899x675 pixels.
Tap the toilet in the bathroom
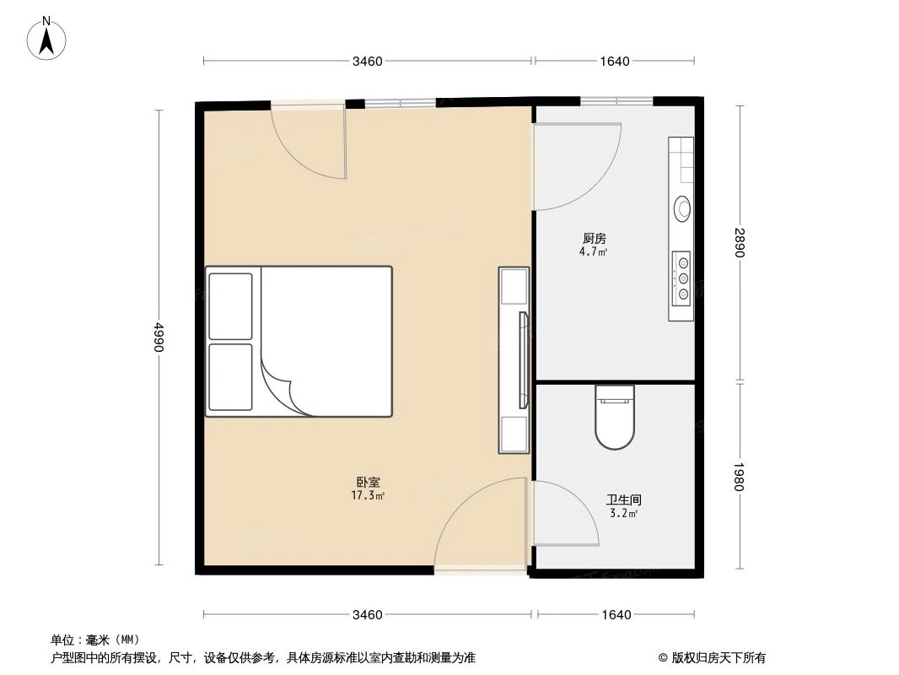coord(614,418)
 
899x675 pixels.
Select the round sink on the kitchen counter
coord(681,208)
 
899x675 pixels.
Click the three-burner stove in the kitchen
coord(681,277)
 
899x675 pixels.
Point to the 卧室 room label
coord(367,483)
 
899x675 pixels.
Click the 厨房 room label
coord(595,239)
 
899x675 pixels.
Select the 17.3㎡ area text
coord(369,496)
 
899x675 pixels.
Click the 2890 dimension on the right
coord(740,243)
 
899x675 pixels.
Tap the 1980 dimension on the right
coord(740,476)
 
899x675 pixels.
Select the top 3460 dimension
coord(368,61)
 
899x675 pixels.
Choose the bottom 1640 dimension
coord(616,614)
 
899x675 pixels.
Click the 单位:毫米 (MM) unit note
coord(95,640)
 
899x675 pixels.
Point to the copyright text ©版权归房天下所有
coord(712,658)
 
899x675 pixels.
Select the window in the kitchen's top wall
coord(616,100)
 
